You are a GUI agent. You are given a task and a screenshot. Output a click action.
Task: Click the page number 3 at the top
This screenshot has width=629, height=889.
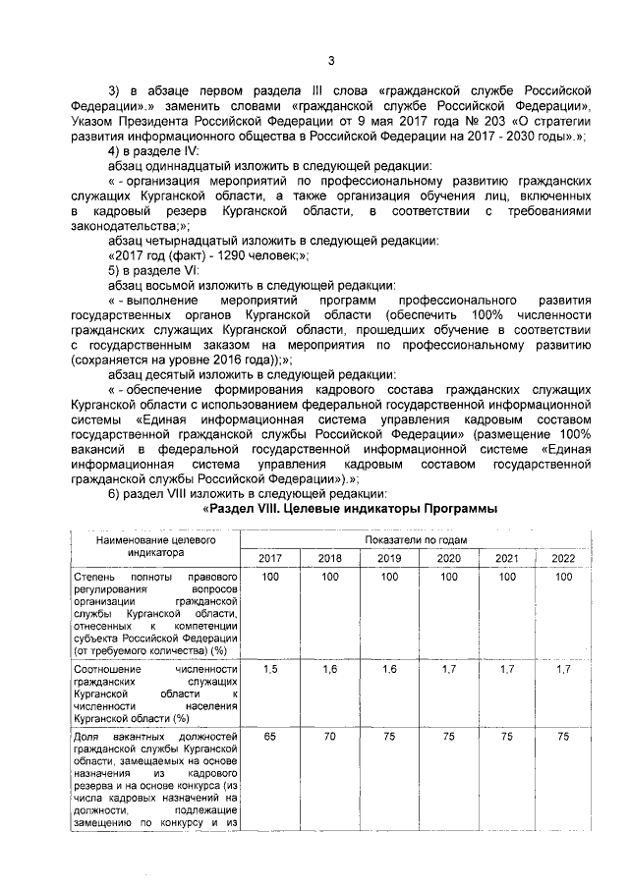click(331, 60)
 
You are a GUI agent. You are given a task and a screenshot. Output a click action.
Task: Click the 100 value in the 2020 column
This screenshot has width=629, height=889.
click(447, 577)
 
